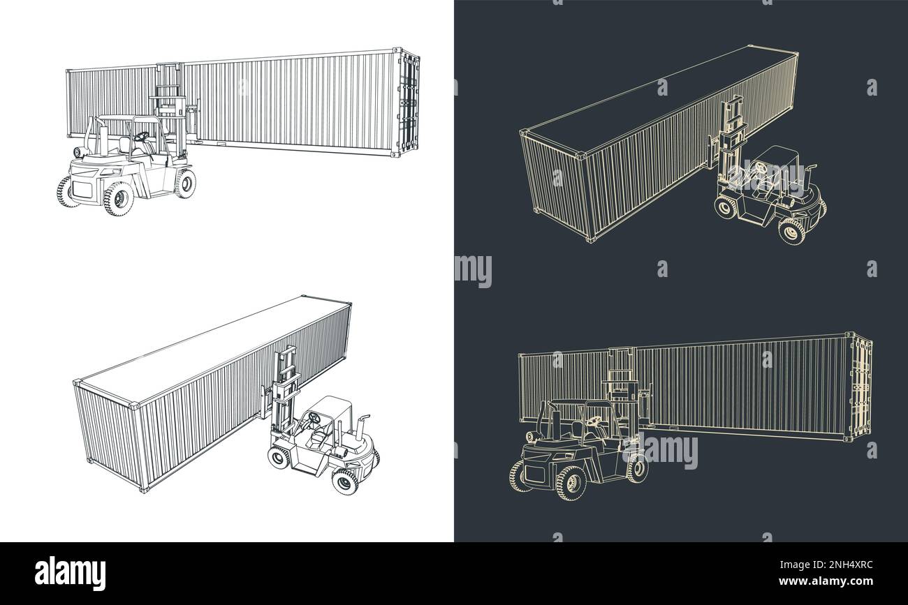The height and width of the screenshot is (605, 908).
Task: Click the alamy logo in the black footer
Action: pyautogui.click(x=71, y=574)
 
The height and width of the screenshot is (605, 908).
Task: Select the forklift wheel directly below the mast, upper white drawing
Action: pyautogui.click(x=186, y=183)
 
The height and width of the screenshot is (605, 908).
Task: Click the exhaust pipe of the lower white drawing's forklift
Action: pyautogui.click(x=363, y=424)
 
